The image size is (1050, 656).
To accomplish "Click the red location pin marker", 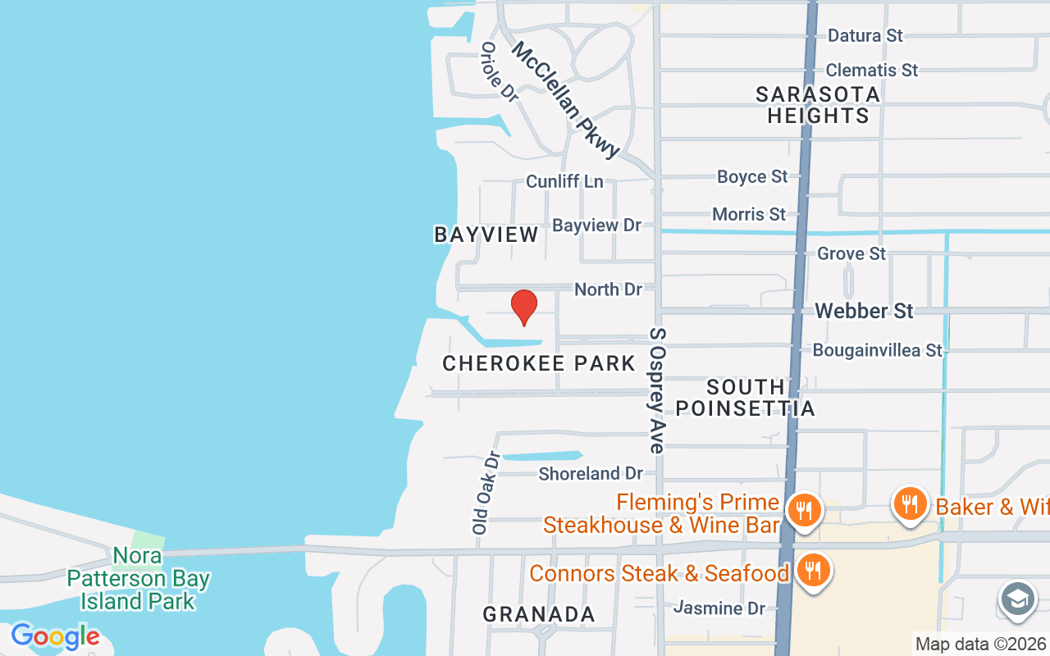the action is tap(523, 307).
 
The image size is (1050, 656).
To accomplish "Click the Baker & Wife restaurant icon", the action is tap(909, 503).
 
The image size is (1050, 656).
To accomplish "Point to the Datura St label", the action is tap(865, 35).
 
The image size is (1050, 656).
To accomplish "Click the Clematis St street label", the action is tap(871, 71).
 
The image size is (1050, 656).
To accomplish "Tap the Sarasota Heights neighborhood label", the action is tap(818, 105).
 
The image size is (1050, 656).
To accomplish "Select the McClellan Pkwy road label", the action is tap(565, 99).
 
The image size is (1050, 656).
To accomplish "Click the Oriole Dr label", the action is tap(500, 72).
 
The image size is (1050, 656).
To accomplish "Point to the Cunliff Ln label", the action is tap(564, 181).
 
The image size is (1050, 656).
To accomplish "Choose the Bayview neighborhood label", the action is tap(486, 235).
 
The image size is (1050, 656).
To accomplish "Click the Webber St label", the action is tap(864, 311).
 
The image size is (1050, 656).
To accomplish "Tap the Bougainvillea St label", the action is tap(877, 350).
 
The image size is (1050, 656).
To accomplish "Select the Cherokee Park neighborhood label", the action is tap(539, 363).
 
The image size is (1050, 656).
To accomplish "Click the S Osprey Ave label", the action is tap(657, 390).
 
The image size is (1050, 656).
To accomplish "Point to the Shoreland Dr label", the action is tap(591, 473).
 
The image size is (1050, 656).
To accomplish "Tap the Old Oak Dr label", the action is tap(486, 493).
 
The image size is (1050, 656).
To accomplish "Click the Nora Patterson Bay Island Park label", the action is tap(138, 579).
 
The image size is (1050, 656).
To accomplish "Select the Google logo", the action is tap(55, 636).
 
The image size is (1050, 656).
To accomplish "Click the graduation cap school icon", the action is tap(1017, 599).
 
